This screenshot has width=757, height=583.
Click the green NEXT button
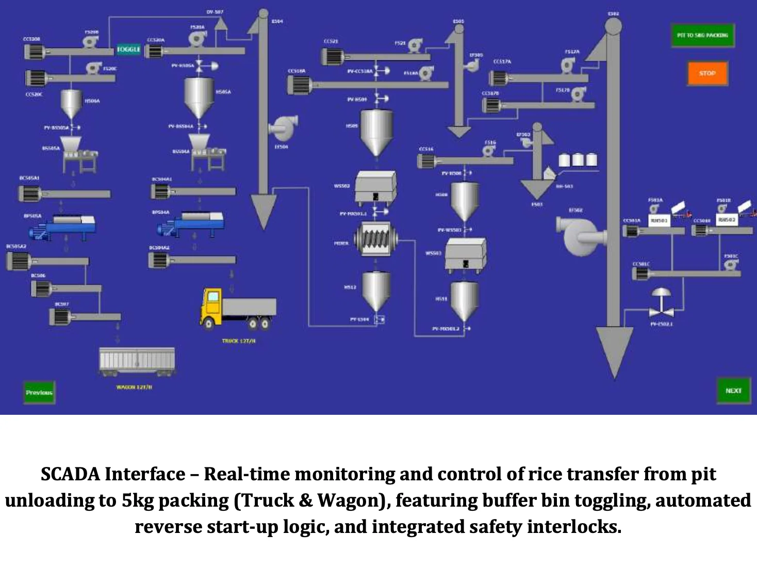(x=733, y=391)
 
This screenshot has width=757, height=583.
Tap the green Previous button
(x=39, y=392)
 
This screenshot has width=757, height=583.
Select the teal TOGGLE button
(x=128, y=50)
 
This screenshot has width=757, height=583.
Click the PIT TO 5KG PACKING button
(x=702, y=35)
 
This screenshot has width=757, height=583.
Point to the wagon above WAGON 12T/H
(x=137, y=361)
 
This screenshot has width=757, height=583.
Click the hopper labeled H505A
(x=200, y=96)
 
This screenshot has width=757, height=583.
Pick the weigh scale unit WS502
(x=375, y=187)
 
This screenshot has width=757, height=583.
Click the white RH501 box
(x=659, y=220)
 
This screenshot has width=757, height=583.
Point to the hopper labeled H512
(x=376, y=290)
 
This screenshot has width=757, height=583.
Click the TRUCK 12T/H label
(x=239, y=341)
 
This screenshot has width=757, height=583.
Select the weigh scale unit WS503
(x=466, y=254)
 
